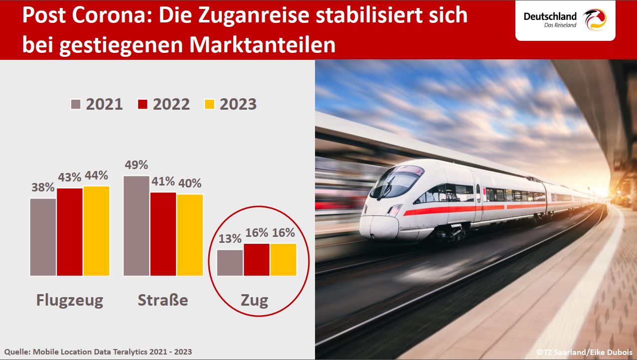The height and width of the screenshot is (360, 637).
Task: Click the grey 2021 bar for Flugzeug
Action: (x=43, y=237)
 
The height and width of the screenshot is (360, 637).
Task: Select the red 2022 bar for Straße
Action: (x=163, y=234)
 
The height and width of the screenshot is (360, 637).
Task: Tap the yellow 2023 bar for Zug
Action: (x=284, y=259)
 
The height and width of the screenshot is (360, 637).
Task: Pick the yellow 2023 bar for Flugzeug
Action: (x=96, y=231)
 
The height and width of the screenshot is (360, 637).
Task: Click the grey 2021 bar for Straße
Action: (x=136, y=225)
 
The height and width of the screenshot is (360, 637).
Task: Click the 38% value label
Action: (x=43, y=188)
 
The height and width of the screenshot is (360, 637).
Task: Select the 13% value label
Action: (x=230, y=239)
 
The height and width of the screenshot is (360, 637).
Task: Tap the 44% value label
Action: (x=96, y=176)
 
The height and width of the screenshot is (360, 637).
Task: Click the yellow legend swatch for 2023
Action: (x=210, y=104)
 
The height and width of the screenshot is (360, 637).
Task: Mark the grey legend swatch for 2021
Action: (x=76, y=104)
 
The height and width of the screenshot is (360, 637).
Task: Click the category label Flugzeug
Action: (x=70, y=300)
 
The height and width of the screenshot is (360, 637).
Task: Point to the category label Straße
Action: (x=163, y=300)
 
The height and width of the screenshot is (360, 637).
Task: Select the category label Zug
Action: (x=254, y=301)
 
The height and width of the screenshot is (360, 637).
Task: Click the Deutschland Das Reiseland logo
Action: (x=565, y=20)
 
